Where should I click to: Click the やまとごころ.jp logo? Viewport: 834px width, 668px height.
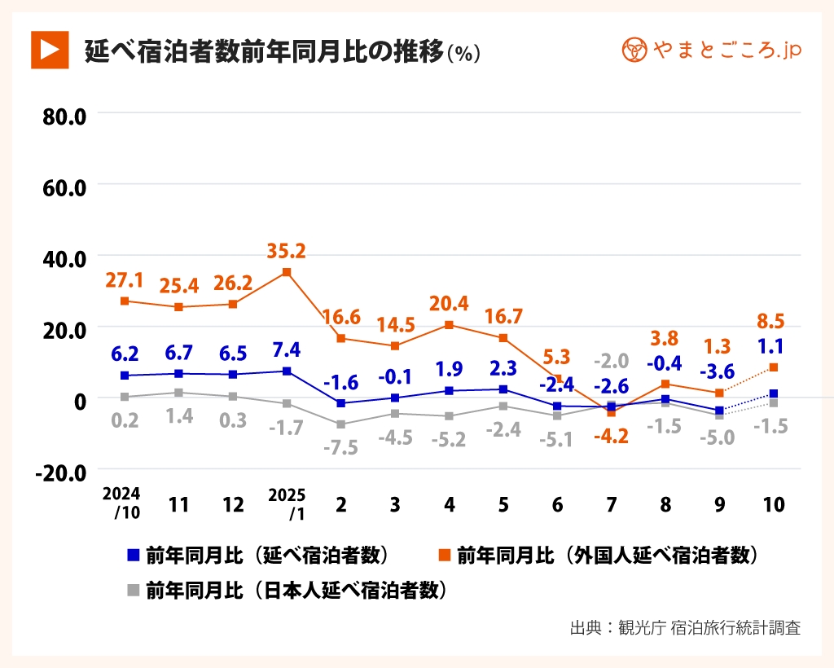(x=712, y=50)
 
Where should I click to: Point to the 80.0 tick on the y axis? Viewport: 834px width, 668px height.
(x=64, y=115)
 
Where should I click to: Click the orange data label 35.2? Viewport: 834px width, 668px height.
(x=287, y=250)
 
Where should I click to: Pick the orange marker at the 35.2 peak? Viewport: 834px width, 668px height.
(x=287, y=272)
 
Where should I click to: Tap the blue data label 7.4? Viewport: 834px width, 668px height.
(x=287, y=349)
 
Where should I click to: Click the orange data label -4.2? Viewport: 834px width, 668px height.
(x=611, y=436)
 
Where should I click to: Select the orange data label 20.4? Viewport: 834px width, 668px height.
(x=449, y=303)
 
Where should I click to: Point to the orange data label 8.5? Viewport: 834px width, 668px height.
(x=771, y=320)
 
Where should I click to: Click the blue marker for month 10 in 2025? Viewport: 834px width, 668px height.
(x=773, y=393)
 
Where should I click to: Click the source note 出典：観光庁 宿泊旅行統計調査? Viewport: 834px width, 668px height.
(x=685, y=628)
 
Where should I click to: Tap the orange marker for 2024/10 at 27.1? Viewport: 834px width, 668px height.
(x=125, y=301)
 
